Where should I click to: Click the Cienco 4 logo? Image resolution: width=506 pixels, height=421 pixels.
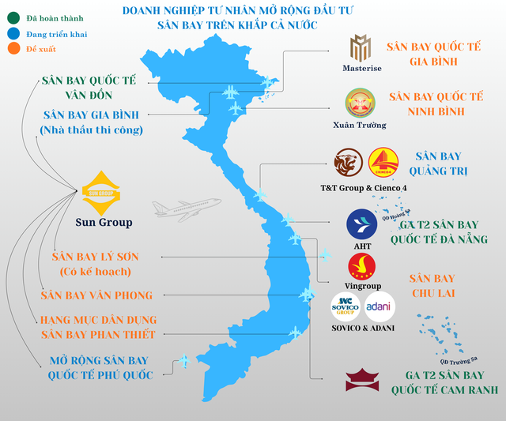[x=384, y=164]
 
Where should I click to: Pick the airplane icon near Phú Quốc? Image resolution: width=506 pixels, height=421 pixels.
[x=183, y=362]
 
